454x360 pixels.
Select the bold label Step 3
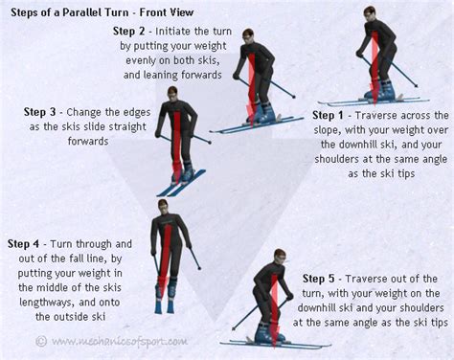point(42,111)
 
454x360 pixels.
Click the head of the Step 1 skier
point(370,13)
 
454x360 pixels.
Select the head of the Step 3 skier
point(173,93)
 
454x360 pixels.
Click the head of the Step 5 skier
point(278,257)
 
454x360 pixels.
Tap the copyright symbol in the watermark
point(40,340)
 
